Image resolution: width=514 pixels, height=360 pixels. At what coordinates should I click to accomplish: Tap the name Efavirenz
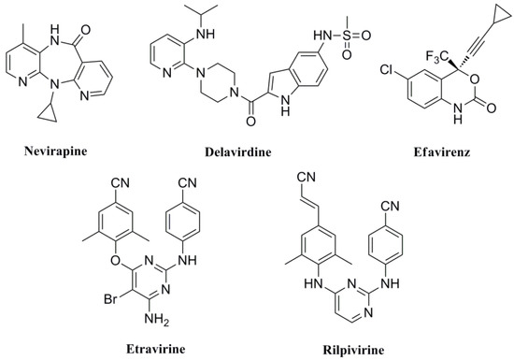tap(440, 152)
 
